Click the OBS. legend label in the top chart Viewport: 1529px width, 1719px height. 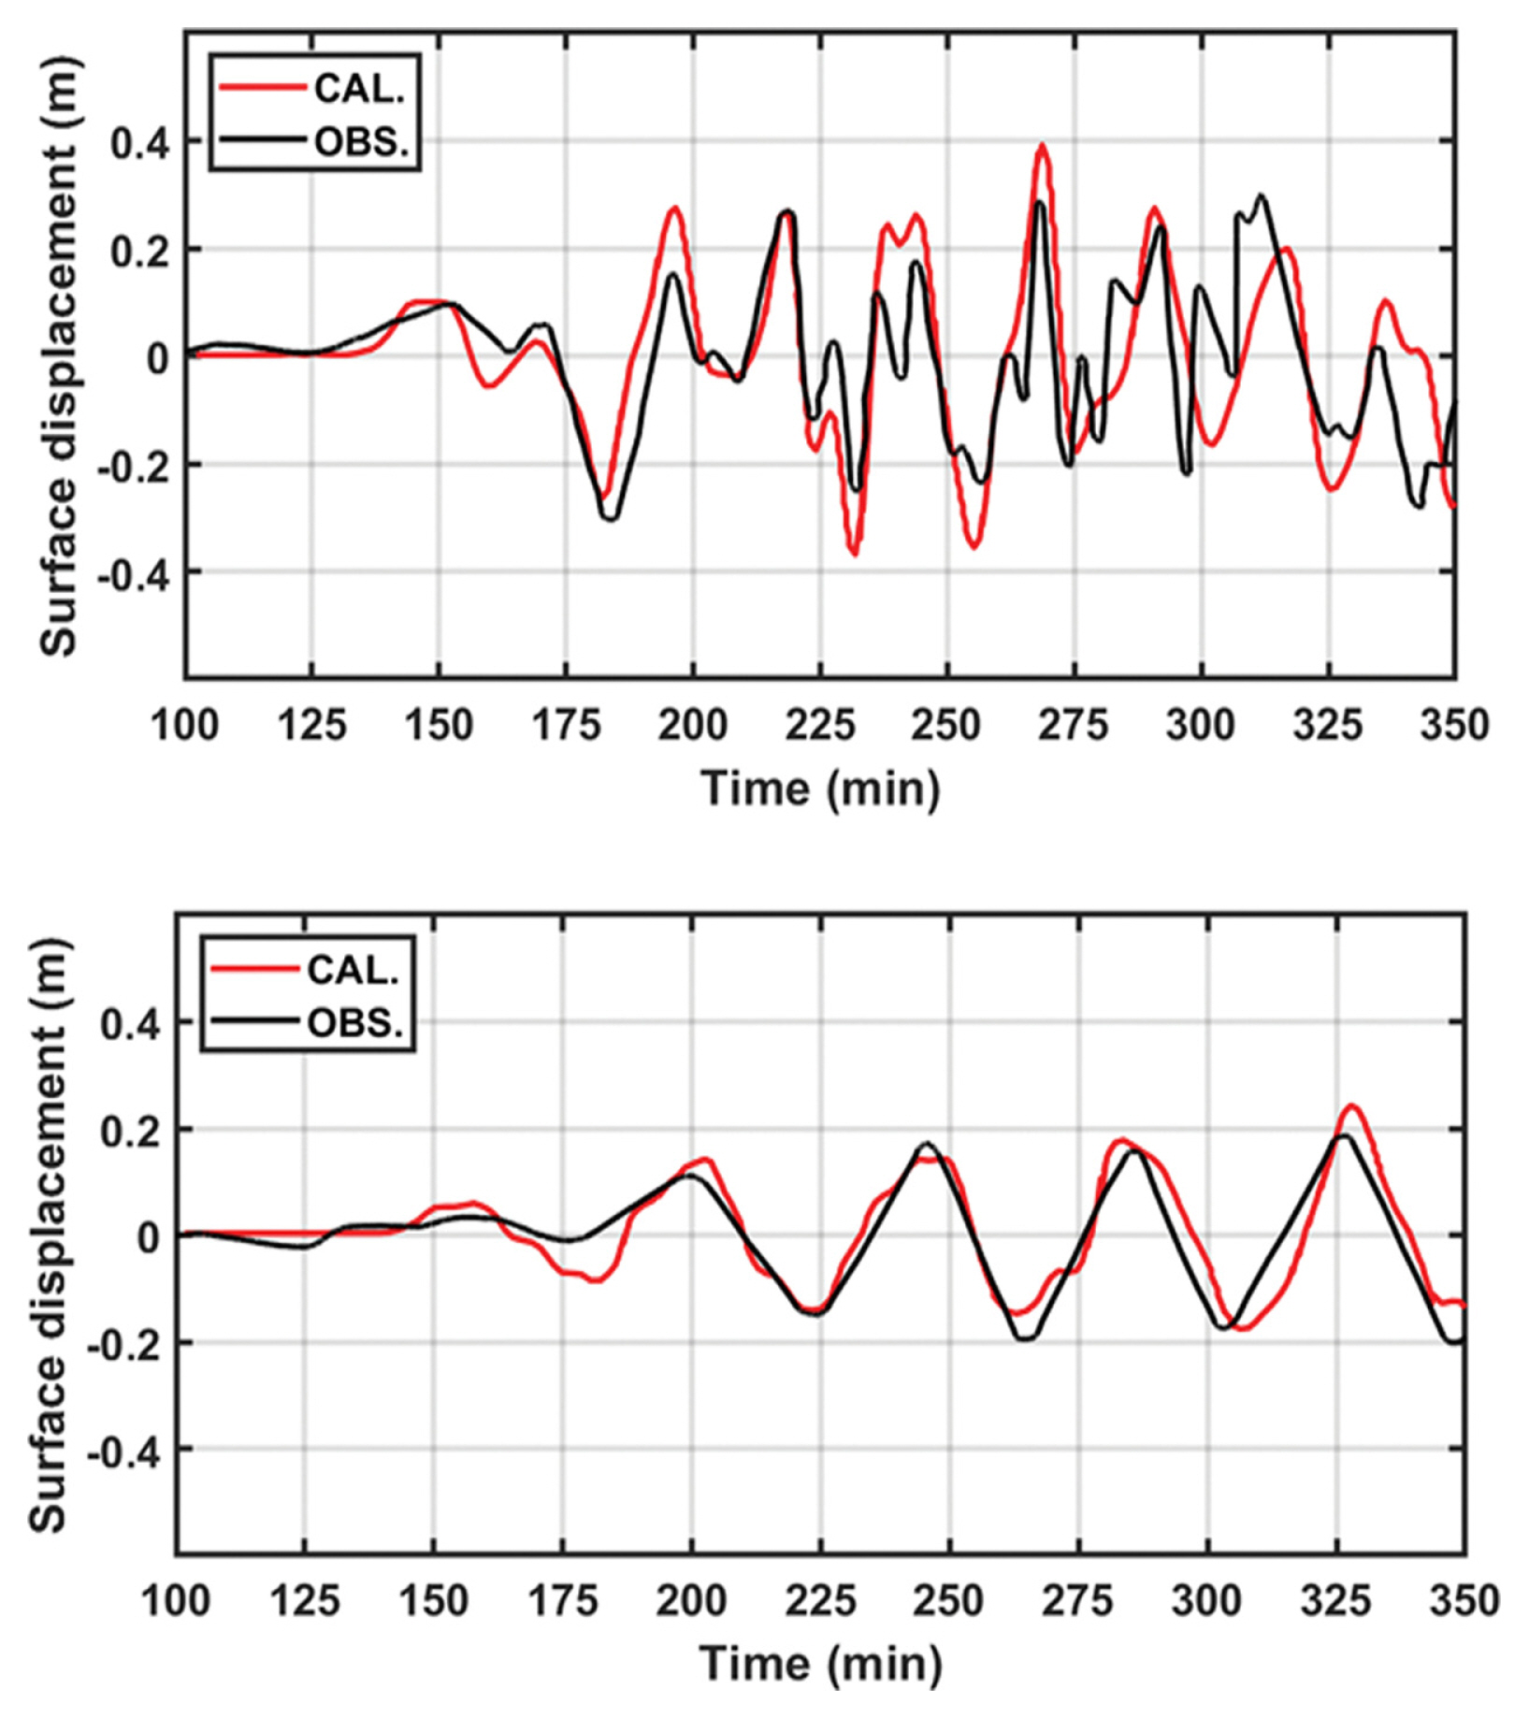pos(361,142)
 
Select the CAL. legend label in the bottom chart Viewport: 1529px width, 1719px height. pos(353,970)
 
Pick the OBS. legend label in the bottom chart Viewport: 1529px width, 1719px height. pos(354,1023)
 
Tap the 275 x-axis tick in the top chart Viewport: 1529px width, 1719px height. pos(1074,725)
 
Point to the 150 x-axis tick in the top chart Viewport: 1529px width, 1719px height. pos(439,725)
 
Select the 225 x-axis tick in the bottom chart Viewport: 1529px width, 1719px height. pos(819,1600)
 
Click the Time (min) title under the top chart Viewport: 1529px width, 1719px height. pos(820,788)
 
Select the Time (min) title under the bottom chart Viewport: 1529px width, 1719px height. pos(820,1664)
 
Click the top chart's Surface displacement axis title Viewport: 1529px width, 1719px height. pos(58,355)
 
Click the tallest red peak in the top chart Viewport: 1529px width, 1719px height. pos(1042,146)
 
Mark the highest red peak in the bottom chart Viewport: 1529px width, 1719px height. pos(1351,1106)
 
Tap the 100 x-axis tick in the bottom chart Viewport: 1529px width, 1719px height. pos(176,1600)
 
